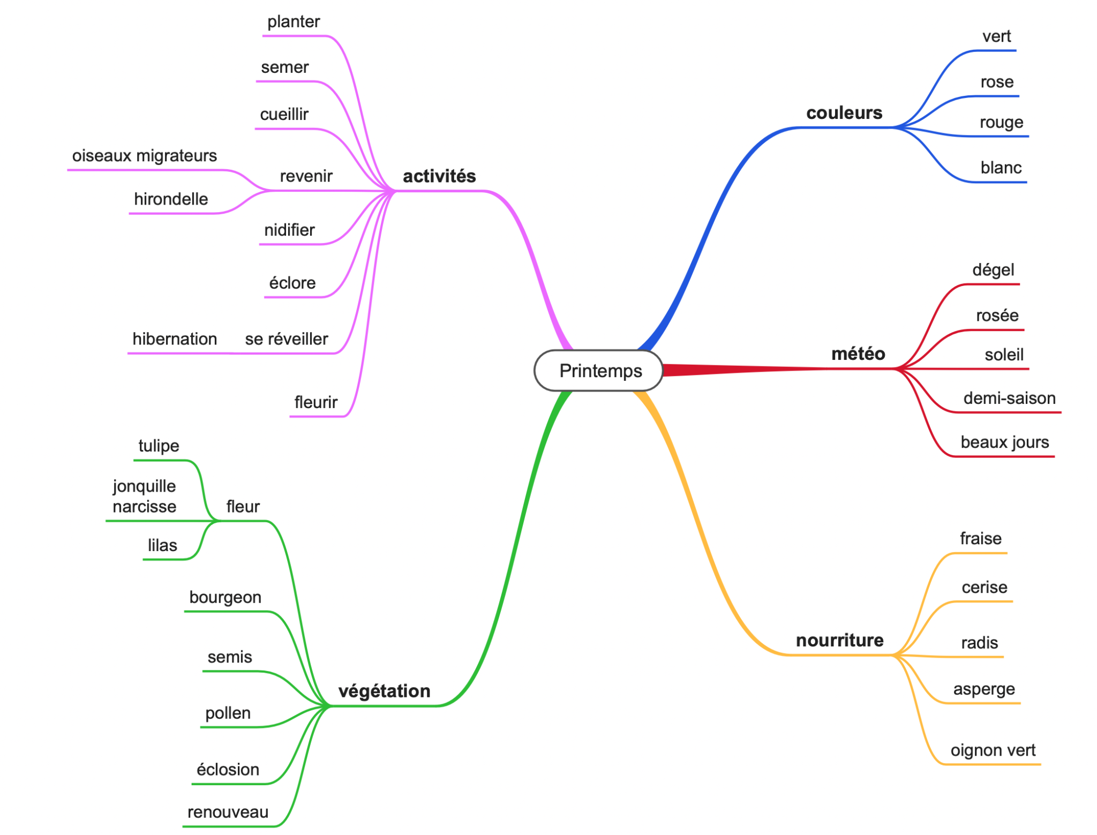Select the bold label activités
439,176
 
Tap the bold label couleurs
844,112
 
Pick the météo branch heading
858,353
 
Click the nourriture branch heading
839,640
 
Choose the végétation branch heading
384,691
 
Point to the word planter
294,21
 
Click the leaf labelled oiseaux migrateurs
145,155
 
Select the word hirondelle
171,199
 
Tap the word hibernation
175,338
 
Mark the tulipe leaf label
159,446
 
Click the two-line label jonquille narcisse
144,496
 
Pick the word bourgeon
225,597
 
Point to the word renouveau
228,812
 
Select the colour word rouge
1001,122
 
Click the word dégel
993,269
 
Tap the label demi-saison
1009,398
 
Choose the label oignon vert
993,750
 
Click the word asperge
984,689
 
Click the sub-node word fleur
243,506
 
